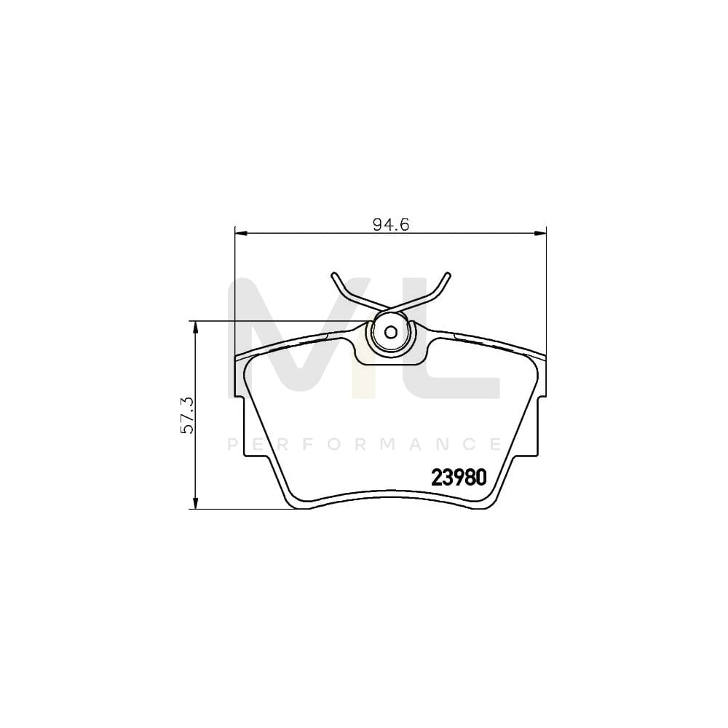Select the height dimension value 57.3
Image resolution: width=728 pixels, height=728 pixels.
tap(187, 415)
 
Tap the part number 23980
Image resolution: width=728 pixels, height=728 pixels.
tap(459, 478)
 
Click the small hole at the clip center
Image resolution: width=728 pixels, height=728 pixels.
tap(390, 333)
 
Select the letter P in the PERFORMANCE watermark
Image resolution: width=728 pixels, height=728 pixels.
tap(233, 444)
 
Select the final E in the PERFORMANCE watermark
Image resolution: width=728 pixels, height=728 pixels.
tap(495, 444)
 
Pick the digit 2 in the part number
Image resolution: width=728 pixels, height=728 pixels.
tap(438, 478)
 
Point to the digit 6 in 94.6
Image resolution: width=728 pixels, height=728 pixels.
tap(405, 225)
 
